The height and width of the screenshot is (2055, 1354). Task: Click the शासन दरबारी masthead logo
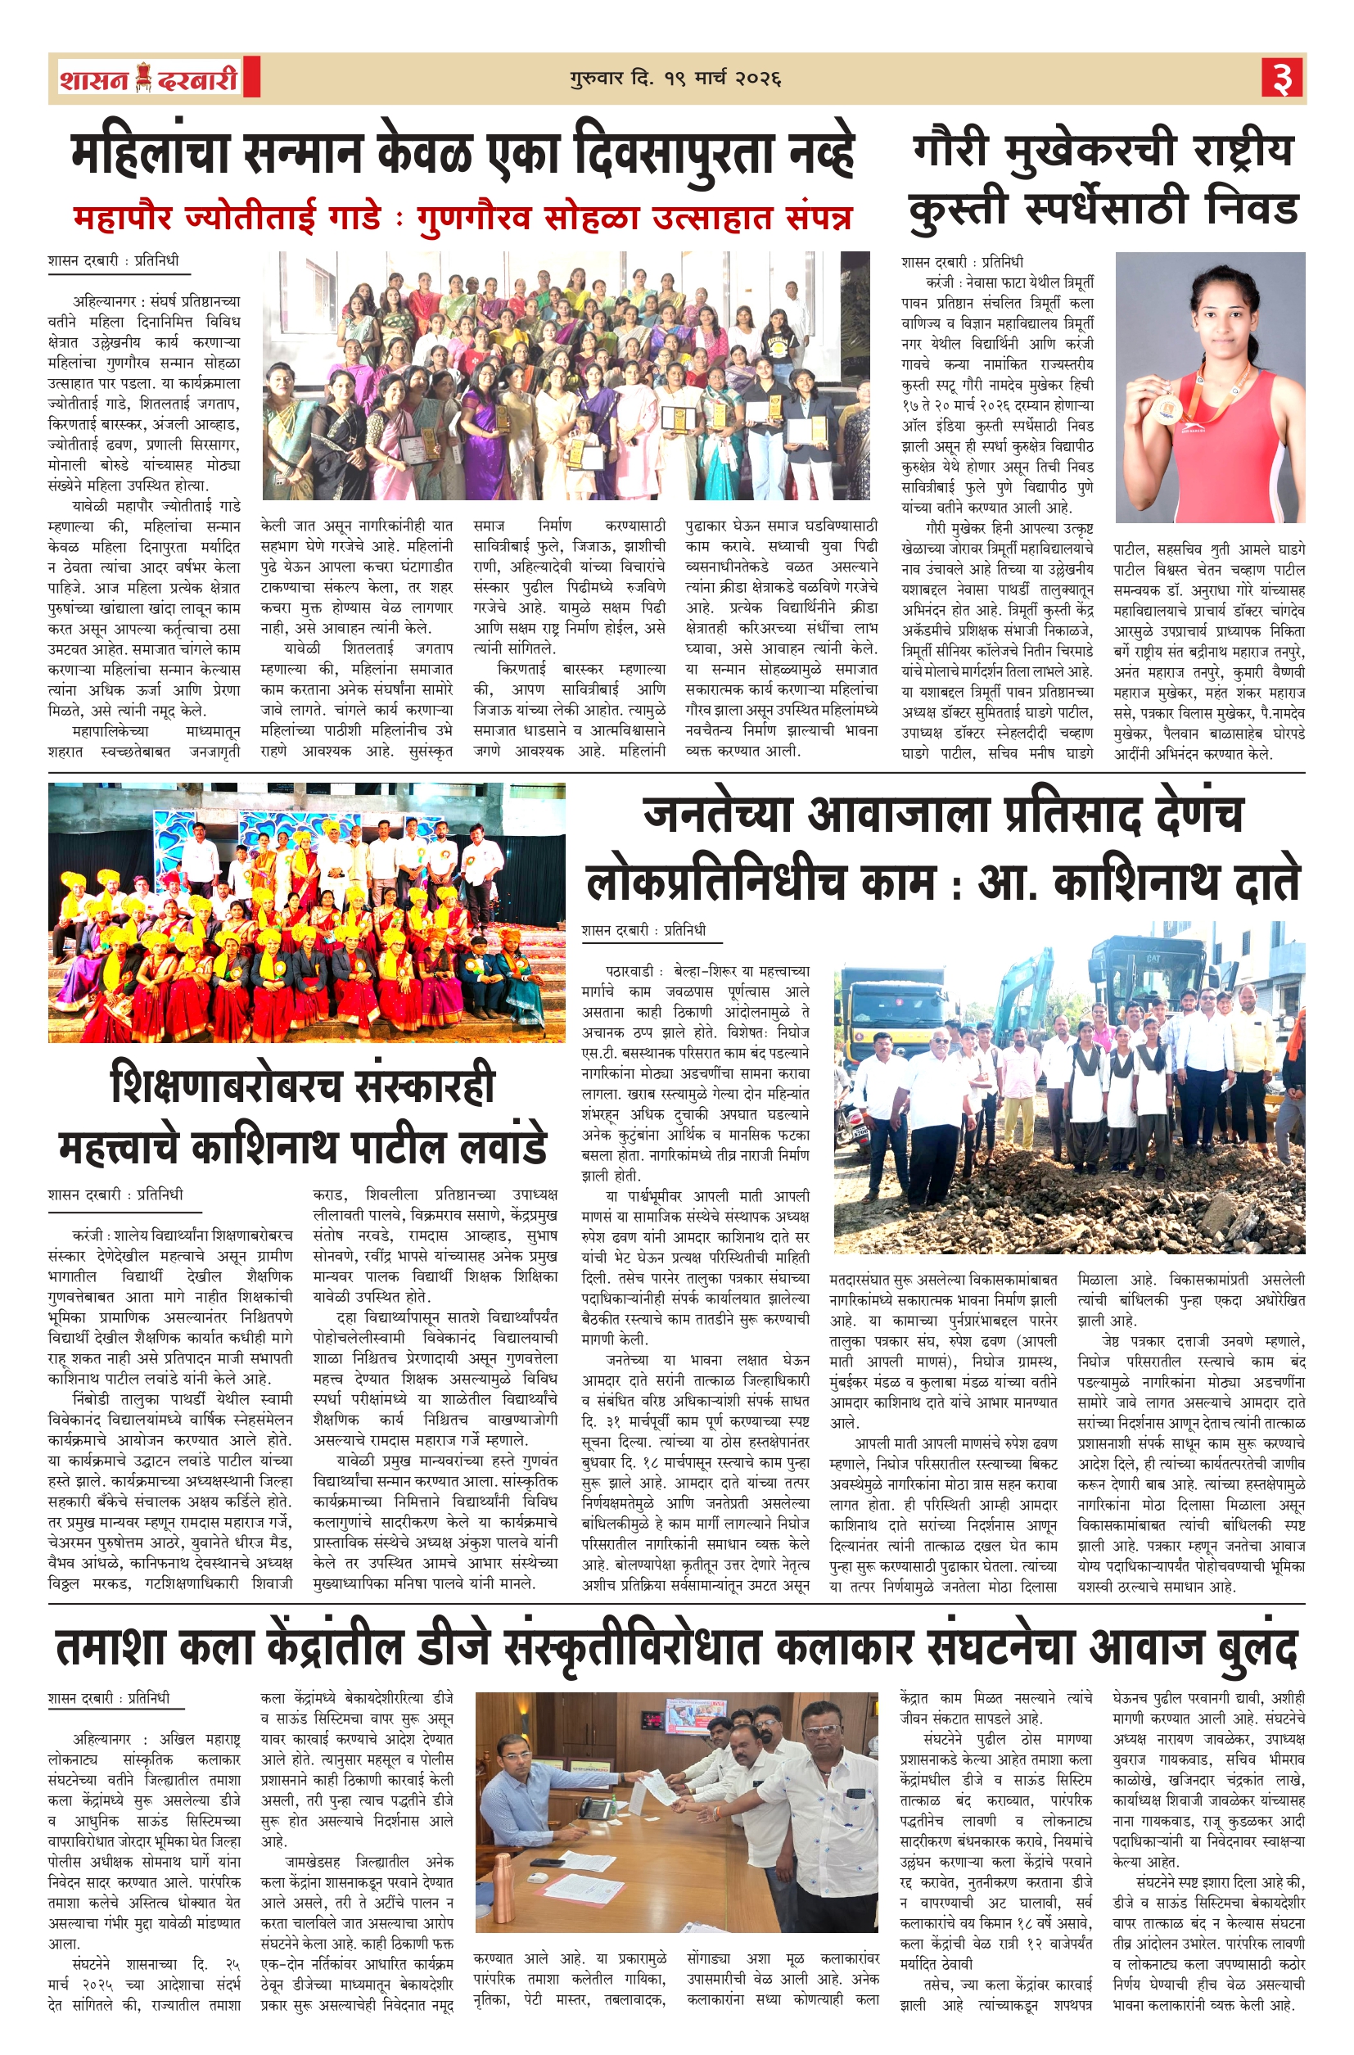(x=148, y=79)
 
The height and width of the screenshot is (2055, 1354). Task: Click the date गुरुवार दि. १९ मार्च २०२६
(x=675, y=79)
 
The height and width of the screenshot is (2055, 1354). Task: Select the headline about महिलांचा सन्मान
(x=463, y=155)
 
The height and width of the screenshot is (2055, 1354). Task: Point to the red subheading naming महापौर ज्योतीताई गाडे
(x=463, y=219)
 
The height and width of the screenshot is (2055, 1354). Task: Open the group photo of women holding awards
(x=566, y=376)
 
